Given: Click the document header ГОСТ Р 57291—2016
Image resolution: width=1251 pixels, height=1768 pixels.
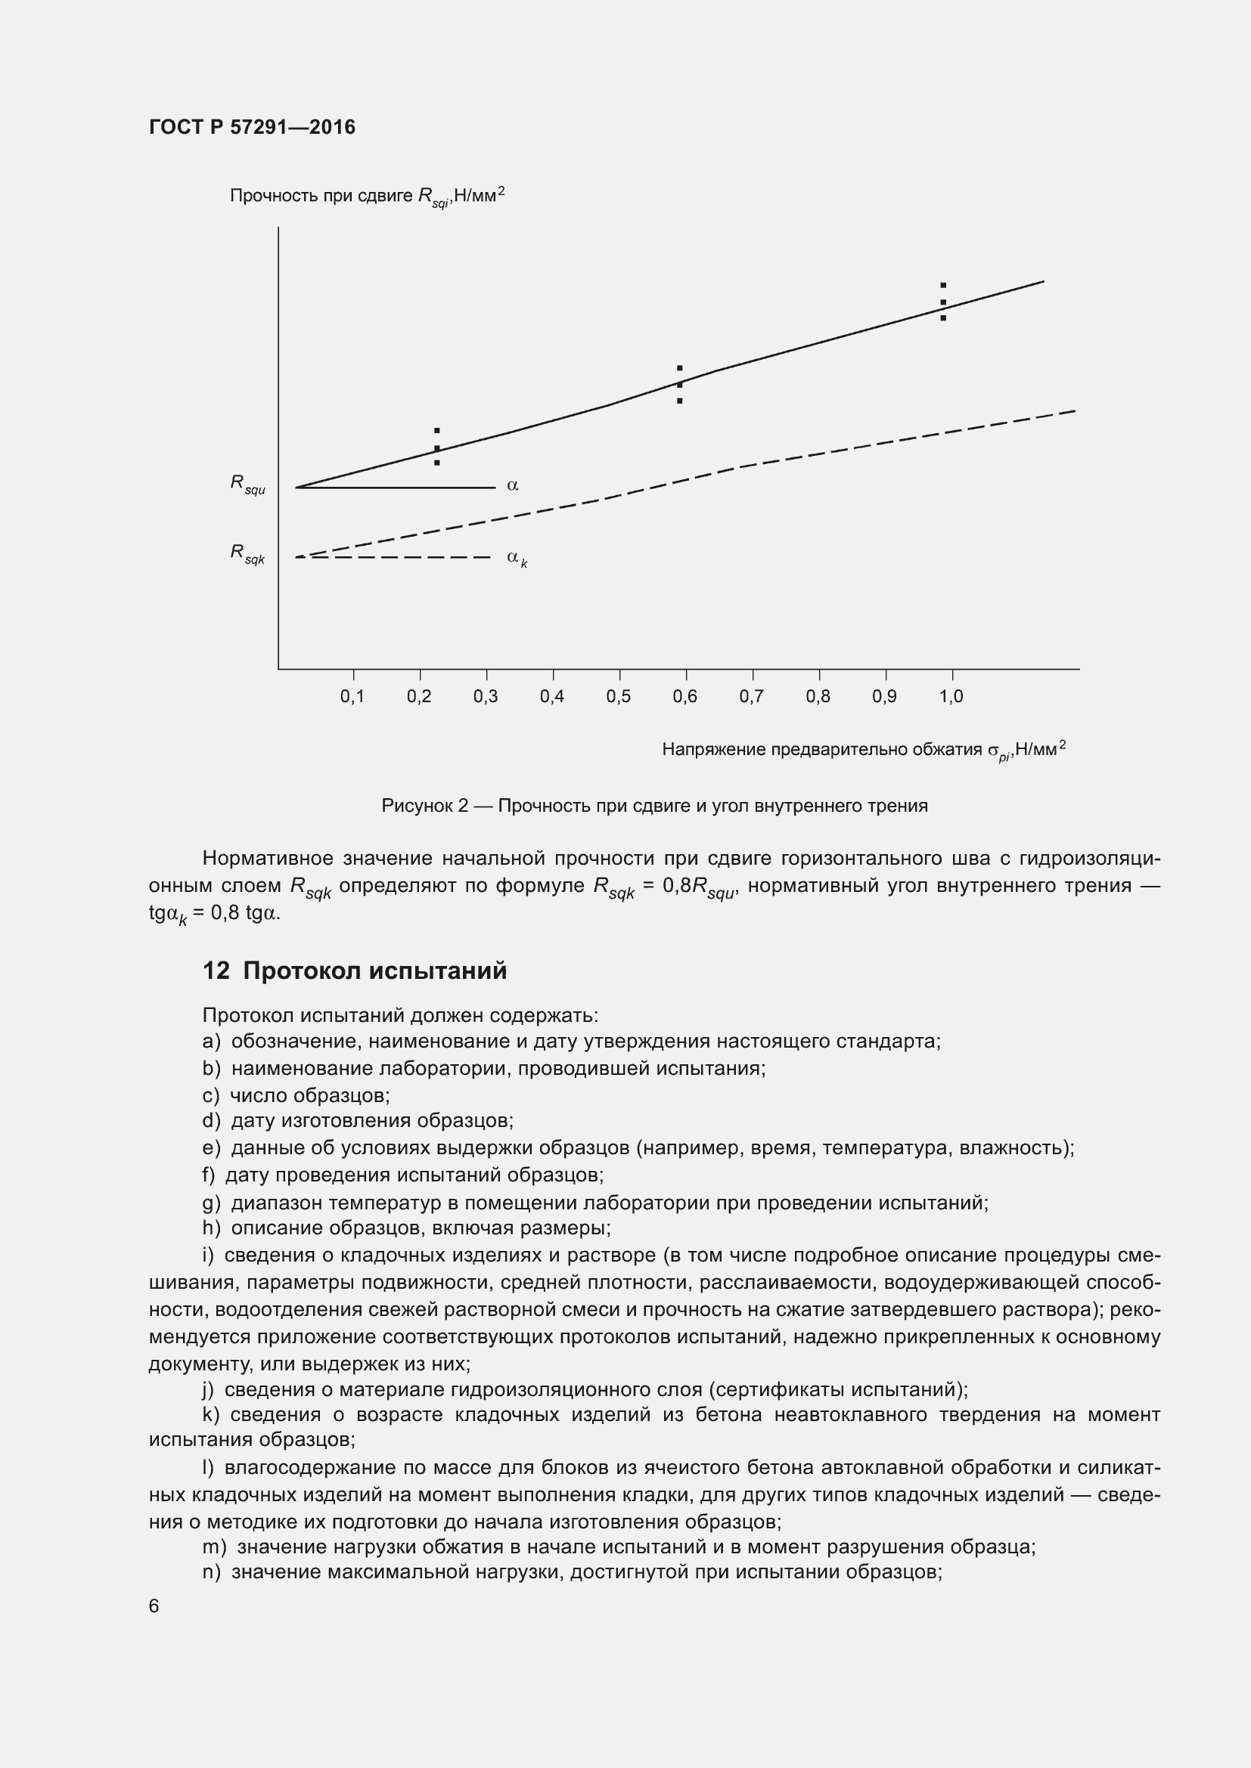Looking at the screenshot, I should [252, 127].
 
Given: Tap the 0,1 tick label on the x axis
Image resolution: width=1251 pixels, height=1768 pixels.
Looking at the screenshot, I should [352, 696].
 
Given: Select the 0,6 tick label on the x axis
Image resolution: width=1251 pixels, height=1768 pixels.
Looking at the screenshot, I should [684, 696].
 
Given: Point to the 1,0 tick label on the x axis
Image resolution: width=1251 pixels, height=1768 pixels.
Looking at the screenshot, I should [951, 696].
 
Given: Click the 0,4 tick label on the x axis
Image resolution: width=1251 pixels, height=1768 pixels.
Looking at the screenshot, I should [551, 696].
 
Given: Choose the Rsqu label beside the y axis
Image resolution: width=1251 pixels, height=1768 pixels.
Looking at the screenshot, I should [247, 485].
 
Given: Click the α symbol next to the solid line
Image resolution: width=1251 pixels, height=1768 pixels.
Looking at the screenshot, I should [512, 485].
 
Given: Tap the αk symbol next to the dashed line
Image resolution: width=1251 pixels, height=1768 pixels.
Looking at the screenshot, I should [516, 559].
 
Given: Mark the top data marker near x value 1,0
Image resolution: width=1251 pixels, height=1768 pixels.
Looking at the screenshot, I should [943, 286].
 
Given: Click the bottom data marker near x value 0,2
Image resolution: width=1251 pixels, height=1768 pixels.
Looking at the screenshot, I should [436, 463].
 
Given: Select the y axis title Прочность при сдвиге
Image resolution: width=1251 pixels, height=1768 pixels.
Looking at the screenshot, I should [321, 196].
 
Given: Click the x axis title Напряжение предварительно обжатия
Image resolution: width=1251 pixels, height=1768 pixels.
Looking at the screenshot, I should [821, 749].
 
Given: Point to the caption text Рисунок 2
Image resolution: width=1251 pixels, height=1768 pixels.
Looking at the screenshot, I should [424, 806].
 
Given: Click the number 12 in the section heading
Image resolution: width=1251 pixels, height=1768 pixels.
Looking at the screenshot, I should [216, 971].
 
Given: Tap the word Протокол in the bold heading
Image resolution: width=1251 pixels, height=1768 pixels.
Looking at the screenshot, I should [302, 971].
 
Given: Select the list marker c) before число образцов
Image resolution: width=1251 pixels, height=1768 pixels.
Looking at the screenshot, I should [210, 1095].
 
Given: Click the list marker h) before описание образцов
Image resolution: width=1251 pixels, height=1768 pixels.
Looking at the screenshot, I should [211, 1228].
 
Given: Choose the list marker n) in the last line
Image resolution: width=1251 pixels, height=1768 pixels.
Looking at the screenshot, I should [211, 1571].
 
